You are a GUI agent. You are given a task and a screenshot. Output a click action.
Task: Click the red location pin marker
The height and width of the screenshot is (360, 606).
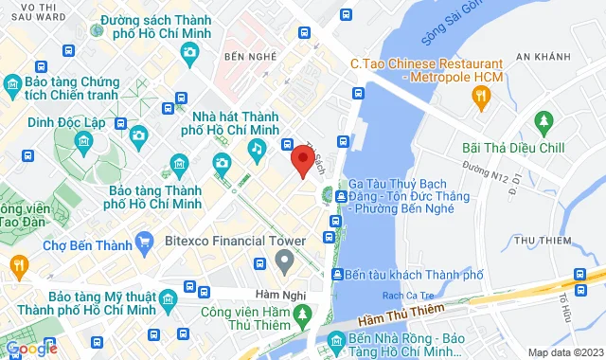coord(302,160)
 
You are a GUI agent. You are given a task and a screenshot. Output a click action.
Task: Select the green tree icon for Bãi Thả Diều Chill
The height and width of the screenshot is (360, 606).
coord(544,121)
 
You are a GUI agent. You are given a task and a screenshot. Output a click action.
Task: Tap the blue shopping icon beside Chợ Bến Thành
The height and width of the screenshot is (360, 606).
coord(144,243)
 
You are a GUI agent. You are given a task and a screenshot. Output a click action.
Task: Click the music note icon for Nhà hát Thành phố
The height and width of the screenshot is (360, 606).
coord(257,149)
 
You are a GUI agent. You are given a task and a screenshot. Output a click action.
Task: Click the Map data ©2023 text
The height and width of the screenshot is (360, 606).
coord(563,352)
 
